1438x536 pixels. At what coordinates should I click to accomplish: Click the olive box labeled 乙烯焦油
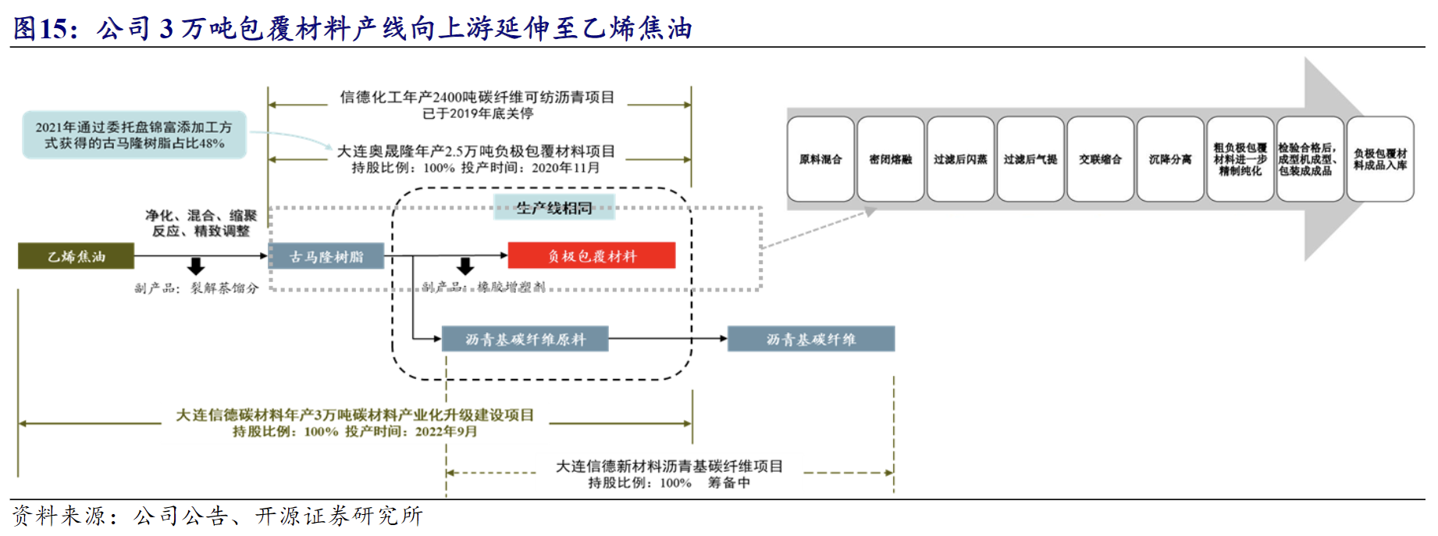pos(76,256)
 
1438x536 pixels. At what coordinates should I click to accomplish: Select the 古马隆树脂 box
pos(326,256)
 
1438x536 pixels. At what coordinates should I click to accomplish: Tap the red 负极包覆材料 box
pos(592,256)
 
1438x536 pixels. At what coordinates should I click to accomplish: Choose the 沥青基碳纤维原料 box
pos(525,339)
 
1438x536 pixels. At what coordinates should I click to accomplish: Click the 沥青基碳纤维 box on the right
pos(811,339)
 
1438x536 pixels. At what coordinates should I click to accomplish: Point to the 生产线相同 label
pos(555,208)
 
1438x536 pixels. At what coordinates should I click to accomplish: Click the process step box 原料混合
pos(820,159)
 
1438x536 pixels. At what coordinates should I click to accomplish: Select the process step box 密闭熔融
pos(891,159)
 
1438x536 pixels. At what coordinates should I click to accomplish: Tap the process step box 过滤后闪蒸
pos(960,159)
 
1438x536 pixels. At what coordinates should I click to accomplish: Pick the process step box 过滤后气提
pos(1030,159)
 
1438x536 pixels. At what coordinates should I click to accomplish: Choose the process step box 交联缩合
pos(1101,159)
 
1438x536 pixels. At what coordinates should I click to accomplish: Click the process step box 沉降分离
pos(1170,159)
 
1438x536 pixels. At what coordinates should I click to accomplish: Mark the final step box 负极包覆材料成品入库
pos(1380,159)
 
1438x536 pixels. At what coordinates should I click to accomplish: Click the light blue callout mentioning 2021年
pos(134,135)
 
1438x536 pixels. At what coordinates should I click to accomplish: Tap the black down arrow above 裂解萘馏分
pos(196,267)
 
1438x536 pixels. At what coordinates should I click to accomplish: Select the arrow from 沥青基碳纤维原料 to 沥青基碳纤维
pos(667,338)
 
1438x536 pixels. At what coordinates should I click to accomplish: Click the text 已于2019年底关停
pos(478,113)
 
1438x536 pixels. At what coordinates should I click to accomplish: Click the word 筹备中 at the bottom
pos(728,483)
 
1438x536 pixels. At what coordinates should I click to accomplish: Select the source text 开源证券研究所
pos(340,516)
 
